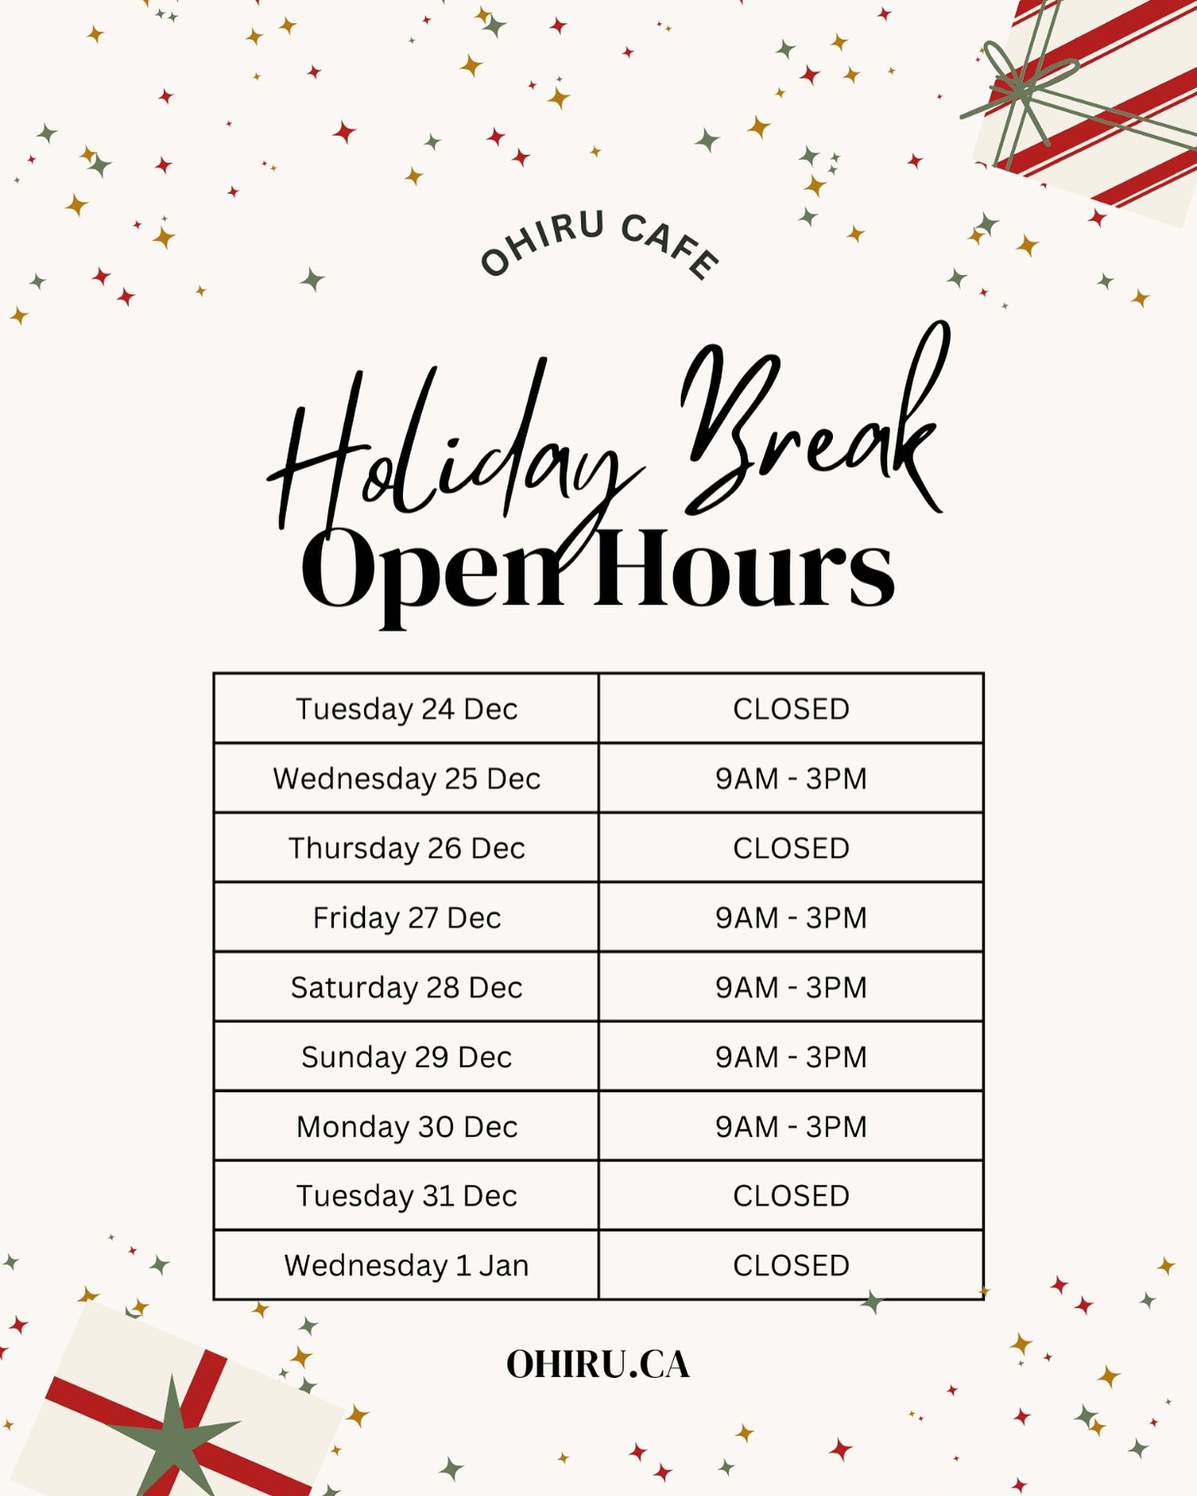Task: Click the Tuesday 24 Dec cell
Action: point(406,708)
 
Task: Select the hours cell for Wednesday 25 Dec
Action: point(791,778)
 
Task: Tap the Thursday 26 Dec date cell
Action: point(406,848)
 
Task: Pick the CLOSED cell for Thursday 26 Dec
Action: point(791,848)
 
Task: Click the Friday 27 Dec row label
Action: point(406,918)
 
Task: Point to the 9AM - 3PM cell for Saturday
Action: point(791,987)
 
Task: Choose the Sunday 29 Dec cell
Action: point(406,1056)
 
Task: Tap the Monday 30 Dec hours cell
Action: point(791,1126)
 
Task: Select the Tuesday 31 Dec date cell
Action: point(406,1196)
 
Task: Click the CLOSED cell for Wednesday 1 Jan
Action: point(791,1265)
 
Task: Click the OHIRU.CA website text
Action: point(598,1365)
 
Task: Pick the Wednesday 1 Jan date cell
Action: point(406,1265)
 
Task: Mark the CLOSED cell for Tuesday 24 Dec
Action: point(791,708)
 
